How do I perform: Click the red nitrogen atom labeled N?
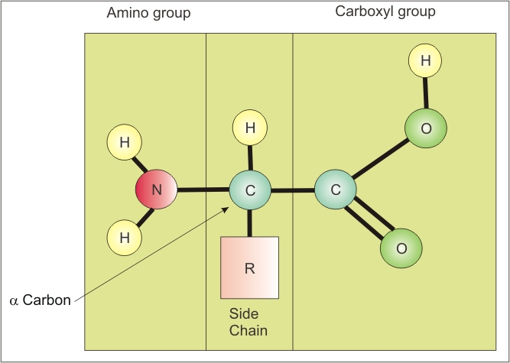157,190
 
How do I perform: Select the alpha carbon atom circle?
249,190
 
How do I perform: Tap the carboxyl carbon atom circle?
334,190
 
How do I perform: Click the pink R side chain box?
249,267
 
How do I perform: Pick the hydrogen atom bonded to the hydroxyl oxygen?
426,60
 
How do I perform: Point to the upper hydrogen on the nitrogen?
125,141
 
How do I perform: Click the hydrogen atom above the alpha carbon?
249,128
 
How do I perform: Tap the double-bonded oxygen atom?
401,248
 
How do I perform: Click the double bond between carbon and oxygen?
369,220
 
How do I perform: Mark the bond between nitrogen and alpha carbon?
203,190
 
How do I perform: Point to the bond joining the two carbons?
292,190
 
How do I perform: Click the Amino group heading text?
148,13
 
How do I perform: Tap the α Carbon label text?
40,300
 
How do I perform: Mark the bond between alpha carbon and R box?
249,223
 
